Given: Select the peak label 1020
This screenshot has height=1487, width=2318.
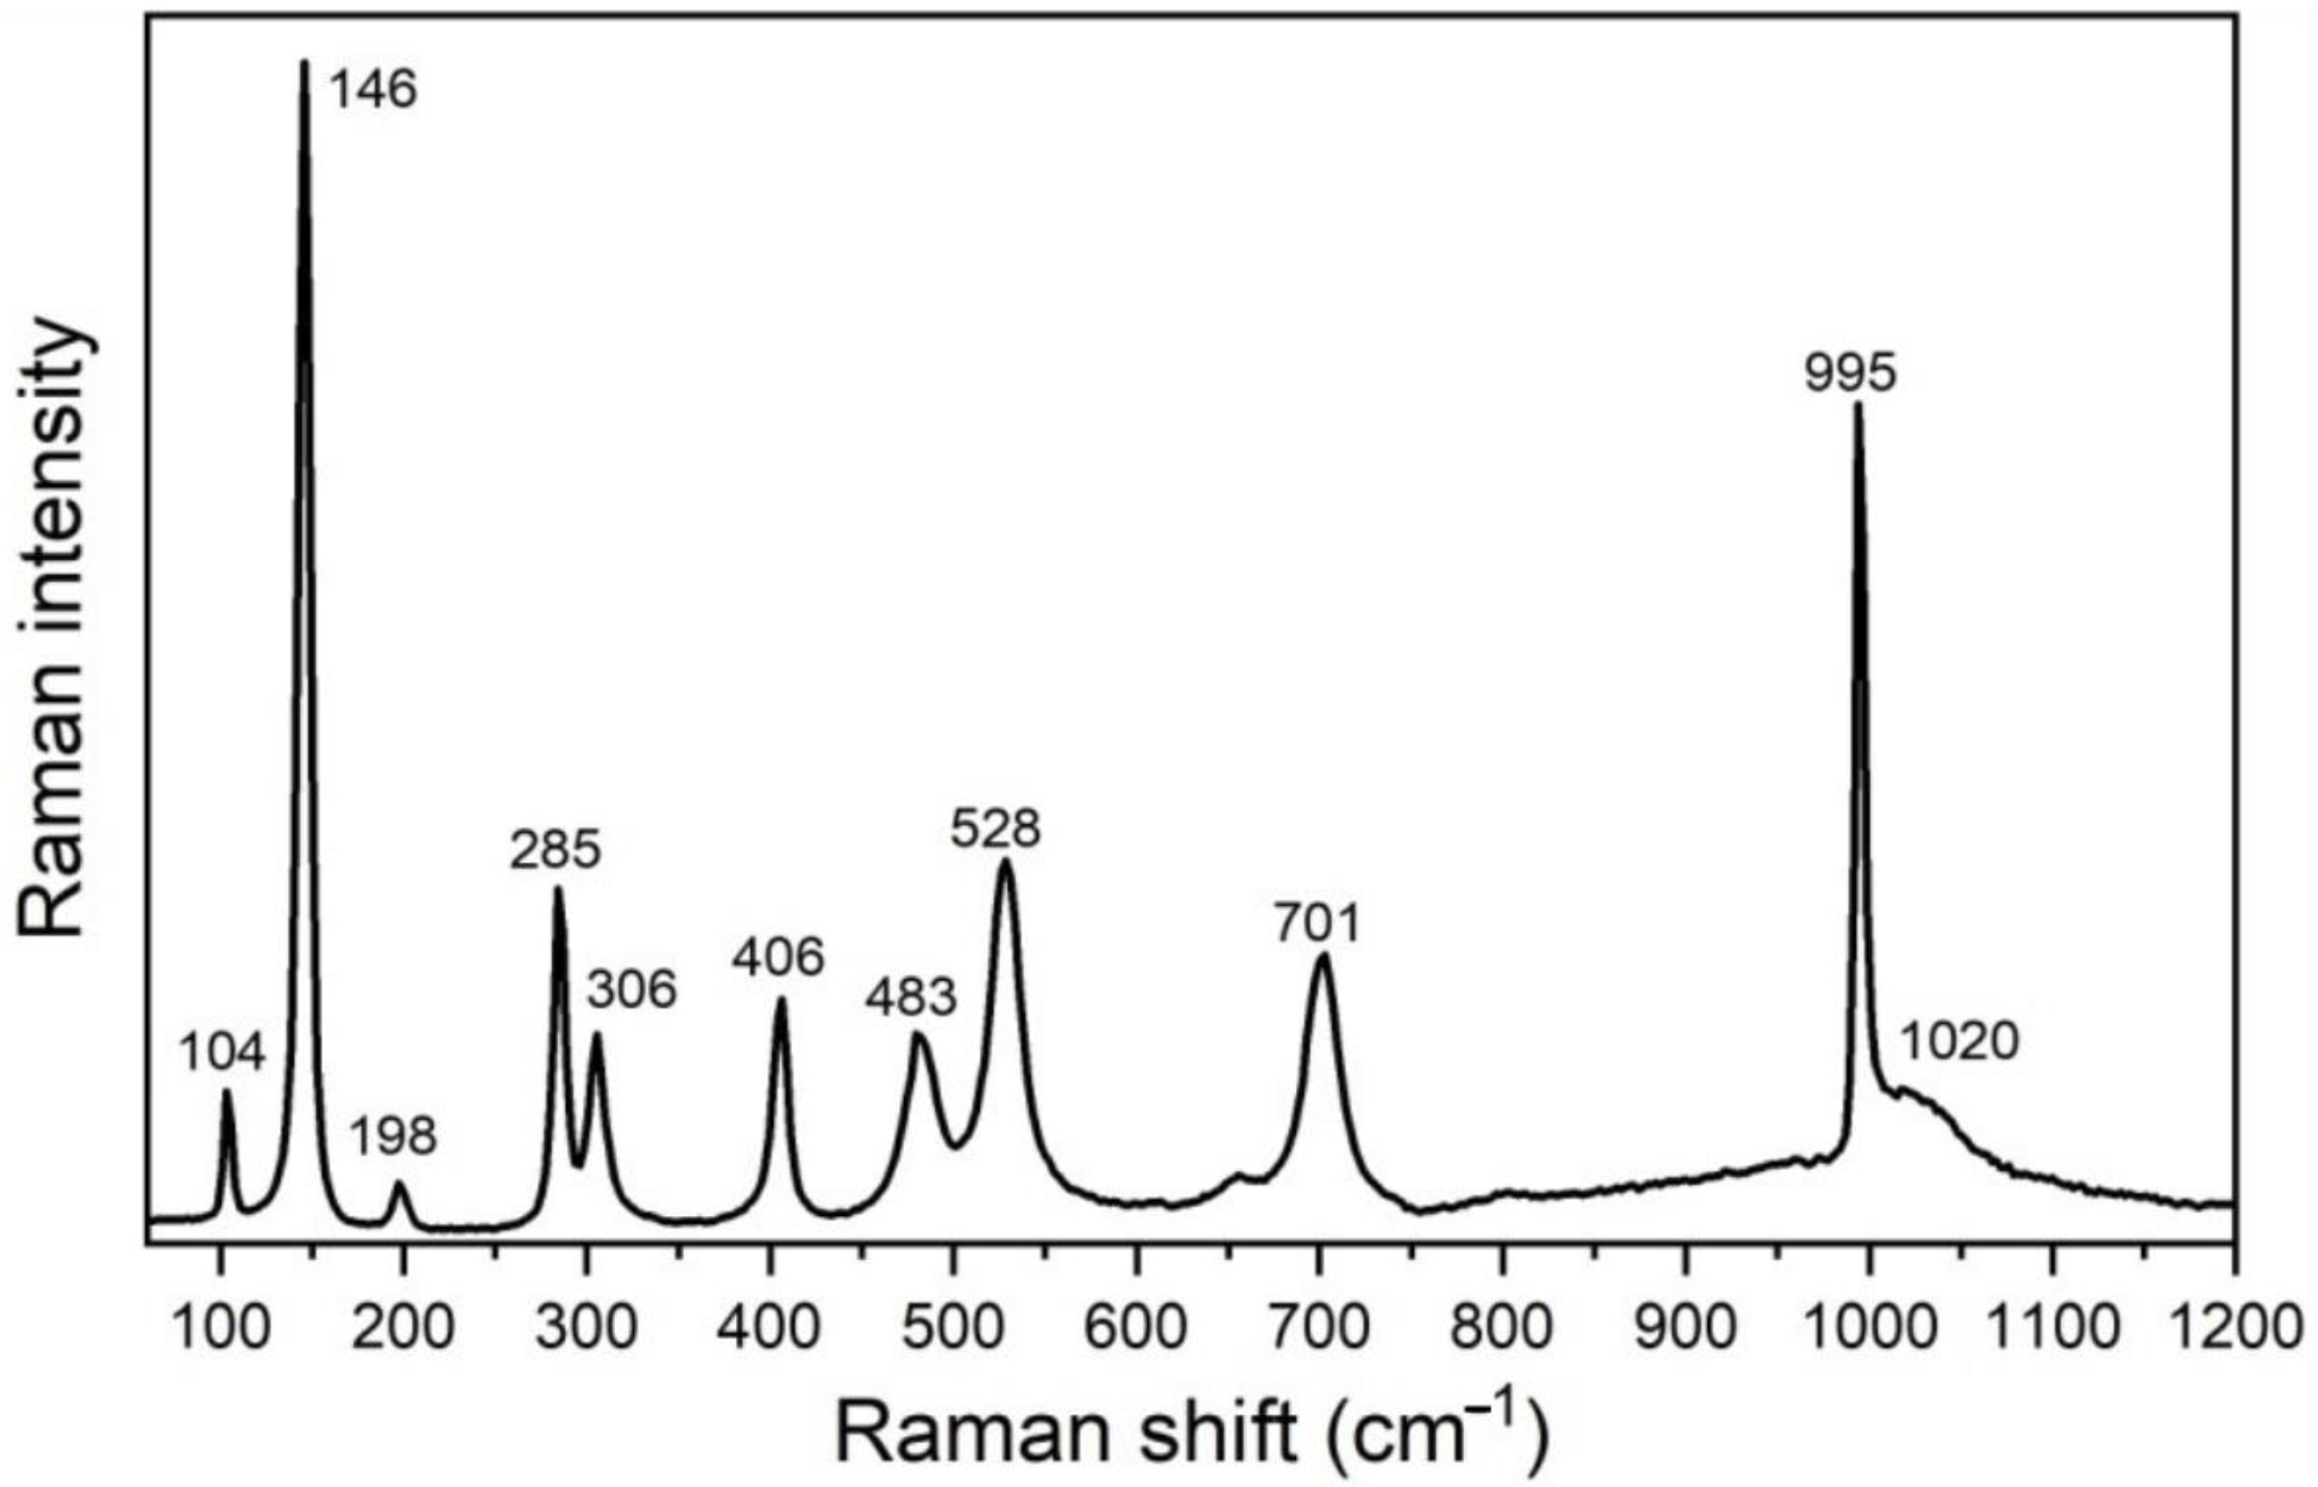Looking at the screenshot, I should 1959,1043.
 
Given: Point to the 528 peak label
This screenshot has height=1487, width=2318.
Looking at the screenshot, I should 995,828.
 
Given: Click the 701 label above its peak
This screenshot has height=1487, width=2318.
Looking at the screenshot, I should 1316,922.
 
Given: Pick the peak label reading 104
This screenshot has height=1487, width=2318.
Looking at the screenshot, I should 222,1052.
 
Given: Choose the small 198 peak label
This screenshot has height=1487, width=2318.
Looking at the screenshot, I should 392,1137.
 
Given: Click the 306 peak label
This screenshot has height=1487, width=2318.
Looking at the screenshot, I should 632,990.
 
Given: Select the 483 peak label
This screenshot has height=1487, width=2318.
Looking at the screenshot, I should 910,997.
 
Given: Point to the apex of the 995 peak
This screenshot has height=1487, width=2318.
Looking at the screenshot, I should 1857,405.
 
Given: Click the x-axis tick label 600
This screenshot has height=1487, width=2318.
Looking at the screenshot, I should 1135,1327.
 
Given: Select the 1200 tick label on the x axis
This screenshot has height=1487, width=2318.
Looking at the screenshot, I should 2233,1327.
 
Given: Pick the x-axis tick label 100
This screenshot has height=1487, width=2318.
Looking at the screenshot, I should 220,1327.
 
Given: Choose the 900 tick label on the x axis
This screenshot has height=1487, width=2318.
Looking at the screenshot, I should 1685,1327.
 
